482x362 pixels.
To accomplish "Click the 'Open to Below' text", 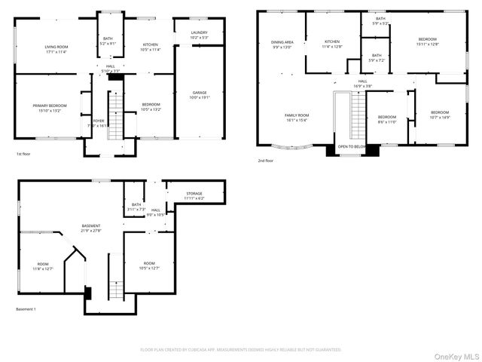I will [x=352, y=146].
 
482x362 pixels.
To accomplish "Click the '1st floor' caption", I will [x=23, y=154].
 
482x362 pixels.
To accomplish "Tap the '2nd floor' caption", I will [x=265, y=161].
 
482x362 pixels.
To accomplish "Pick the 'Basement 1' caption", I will [x=26, y=309].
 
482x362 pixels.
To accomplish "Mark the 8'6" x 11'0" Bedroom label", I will [x=386, y=119].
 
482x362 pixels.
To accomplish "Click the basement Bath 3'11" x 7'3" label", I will [x=136, y=207].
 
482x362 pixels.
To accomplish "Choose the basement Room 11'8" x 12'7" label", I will [x=43, y=266].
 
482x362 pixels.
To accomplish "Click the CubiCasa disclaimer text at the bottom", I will [x=241, y=350].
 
